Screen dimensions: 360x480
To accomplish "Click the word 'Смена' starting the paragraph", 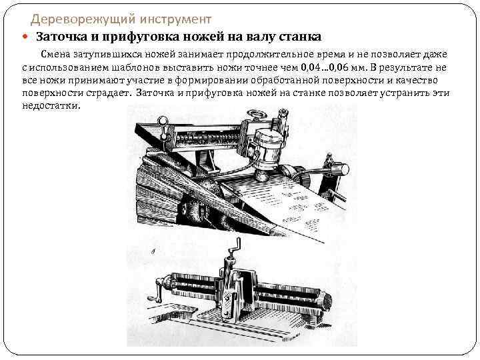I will click(58, 55).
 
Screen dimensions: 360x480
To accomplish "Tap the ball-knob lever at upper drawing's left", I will click(162, 123).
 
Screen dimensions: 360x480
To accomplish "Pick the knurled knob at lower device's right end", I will click(327, 302).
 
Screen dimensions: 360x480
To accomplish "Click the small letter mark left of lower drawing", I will click(155, 252).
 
